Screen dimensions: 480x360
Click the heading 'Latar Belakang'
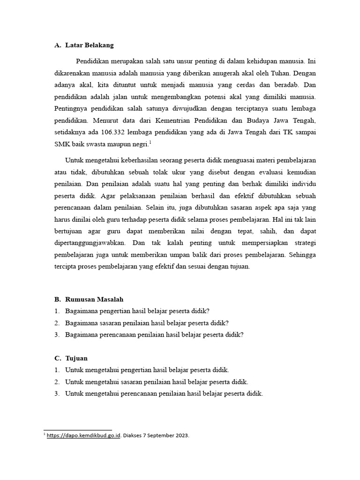(89, 45)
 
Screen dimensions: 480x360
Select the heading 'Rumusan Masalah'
(94, 299)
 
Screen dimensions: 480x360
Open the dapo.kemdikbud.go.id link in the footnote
(84, 435)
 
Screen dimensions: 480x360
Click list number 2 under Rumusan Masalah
(56, 323)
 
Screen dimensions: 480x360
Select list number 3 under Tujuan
(56, 394)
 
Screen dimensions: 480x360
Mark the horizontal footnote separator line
(78, 430)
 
